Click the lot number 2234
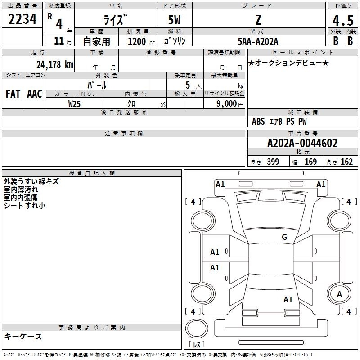(22, 19)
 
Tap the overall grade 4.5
(343, 20)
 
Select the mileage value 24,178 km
(55, 64)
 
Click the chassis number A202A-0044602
(302, 143)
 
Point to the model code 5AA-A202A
(258, 41)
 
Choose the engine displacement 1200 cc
(141, 41)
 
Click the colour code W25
(74, 104)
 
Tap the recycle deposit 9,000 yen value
(230, 104)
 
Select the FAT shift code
(13, 94)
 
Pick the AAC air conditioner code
(35, 94)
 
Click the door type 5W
(174, 20)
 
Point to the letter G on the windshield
(284, 237)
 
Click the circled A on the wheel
(339, 294)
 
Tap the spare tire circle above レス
(197, 328)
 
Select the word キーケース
(23, 336)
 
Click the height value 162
(346, 162)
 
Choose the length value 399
(273, 162)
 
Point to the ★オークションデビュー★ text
(288, 63)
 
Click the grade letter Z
(258, 20)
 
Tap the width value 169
(310, 162)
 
